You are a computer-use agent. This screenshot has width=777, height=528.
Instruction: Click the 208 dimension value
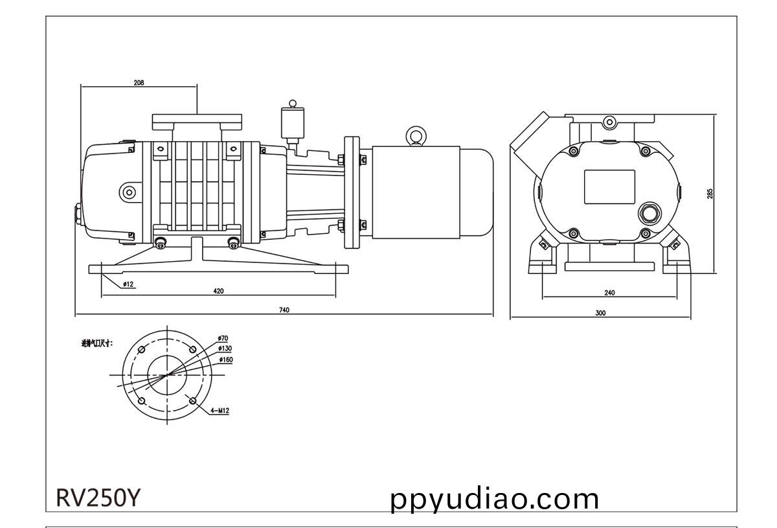tap(139, 83)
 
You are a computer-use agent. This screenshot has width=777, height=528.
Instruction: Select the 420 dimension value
tap(218, 292)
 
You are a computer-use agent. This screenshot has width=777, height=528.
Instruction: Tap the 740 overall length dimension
tap(284, 310)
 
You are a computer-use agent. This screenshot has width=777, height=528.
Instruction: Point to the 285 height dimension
tap(710, 193)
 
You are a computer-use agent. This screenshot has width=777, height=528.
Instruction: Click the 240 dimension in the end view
tap(609, 293)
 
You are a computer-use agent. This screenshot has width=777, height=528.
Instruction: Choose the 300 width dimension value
tap(600, 313)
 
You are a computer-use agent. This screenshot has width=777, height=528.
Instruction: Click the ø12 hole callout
tap(128, 284)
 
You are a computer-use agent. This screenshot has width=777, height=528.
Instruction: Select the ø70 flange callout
tap(223, 339)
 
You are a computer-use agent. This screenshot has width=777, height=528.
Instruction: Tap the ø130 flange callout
tap(225, 349)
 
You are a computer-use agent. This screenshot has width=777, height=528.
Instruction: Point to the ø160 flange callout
tap(226, 359)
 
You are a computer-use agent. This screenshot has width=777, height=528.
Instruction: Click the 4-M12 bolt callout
tap(220, 410)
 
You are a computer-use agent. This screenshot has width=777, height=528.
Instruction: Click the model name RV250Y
tap(97, 498)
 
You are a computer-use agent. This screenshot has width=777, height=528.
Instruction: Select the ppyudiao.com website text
tap(495, 499)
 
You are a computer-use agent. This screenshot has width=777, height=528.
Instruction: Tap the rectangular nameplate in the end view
tap(609, 187)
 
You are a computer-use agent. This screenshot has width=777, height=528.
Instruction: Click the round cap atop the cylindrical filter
tap(293, 103)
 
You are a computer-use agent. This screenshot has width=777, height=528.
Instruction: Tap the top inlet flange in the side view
tap(197, 121)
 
